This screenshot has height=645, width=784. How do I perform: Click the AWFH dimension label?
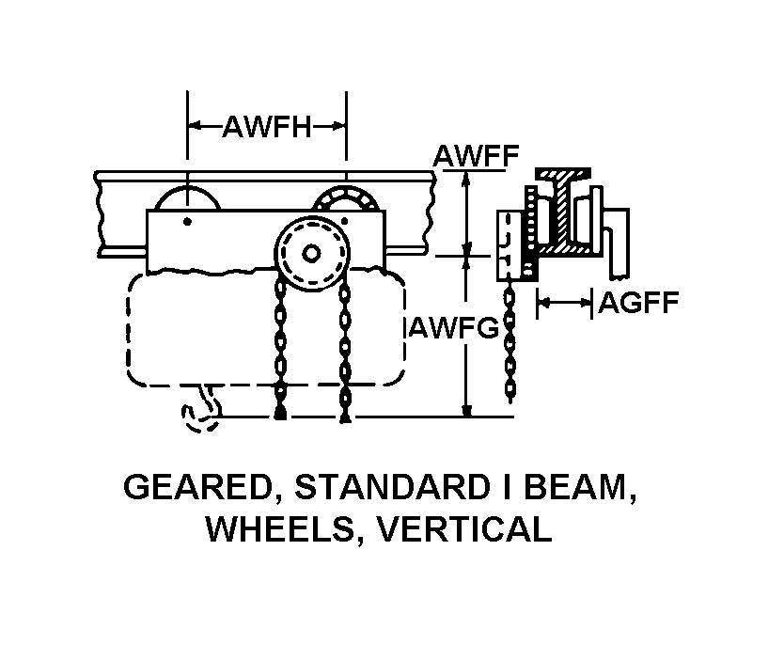[267, 127]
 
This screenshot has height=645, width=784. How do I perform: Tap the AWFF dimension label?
[476, 155]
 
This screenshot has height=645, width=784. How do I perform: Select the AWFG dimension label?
[454, 328]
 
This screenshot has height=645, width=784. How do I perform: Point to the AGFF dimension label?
[638, 302]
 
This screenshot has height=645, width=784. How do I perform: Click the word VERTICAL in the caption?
[463, 529]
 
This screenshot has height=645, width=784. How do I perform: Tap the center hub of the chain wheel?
[311, 254]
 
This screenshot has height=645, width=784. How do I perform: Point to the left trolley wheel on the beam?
[187, 197]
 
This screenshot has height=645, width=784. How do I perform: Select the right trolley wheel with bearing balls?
[346, 197]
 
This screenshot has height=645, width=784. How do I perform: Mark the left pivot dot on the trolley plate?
[187, 222]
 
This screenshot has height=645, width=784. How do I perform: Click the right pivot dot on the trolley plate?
[344, 222]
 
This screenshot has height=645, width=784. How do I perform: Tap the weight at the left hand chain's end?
[280, 413]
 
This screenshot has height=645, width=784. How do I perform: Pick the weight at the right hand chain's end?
[344, 415]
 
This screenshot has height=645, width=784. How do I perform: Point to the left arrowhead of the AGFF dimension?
[542, 302]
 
